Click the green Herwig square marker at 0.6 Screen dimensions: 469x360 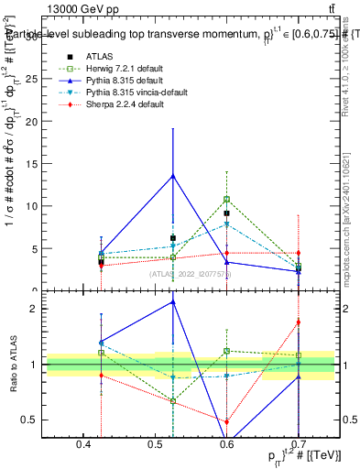pos(226,199)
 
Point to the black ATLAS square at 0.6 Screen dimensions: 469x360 pos(226,213)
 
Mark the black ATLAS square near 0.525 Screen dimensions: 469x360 pos(173,238)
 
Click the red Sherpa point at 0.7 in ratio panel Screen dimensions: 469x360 pos(298,322)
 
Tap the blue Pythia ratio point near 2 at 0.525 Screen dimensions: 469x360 pos(173,302)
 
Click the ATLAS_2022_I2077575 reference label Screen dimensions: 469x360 pos(191,274)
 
